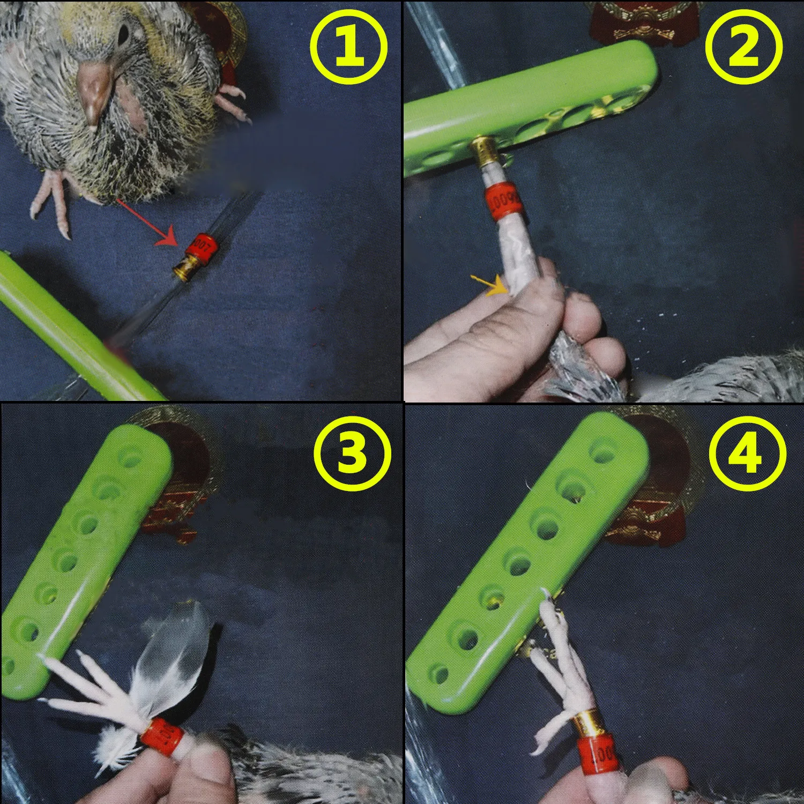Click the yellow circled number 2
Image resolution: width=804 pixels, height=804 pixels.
743,48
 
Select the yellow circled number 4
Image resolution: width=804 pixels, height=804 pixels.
747,453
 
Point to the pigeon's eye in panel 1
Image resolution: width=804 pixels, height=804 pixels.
123,35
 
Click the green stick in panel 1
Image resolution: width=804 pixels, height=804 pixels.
70,332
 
